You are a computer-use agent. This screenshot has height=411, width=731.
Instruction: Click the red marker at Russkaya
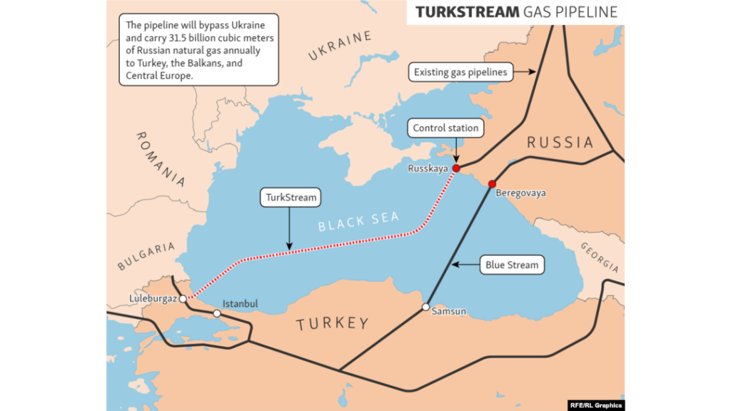[x=455, y=168]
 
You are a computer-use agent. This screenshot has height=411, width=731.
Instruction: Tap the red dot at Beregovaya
[x=492, y=184]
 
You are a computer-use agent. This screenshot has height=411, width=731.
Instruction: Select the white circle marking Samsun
[x=425, y=308]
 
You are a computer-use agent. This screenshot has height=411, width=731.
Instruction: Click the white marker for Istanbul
[x=217, y=313]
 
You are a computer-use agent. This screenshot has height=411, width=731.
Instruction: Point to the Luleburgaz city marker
[x=183, y=299]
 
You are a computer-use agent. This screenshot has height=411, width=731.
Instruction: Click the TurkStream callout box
[x=289, y=198]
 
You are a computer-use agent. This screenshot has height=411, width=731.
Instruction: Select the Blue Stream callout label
[x=511, y=265]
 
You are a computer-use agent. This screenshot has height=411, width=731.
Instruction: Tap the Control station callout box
[x=446, y=128]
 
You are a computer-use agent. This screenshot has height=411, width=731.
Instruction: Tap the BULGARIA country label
[x=146, y=256]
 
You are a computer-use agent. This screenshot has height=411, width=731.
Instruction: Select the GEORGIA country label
[x=599, y=257]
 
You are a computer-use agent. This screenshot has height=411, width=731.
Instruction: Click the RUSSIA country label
[x=560, y=143]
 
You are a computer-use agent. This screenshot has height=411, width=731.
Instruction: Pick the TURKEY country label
[x=333, y=324]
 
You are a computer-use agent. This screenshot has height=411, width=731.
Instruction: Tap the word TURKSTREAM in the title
[x=467, y=13]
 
